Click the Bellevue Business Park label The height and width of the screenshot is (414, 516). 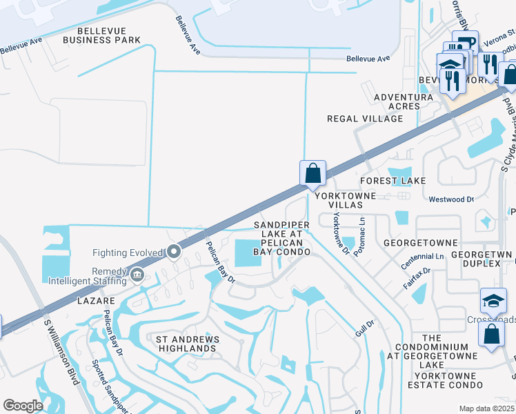[x=101, y=35]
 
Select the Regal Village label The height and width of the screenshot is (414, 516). [x=364, y=119]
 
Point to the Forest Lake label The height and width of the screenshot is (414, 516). [x=393, y=180]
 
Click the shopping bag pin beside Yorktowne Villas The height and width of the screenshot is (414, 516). [x=312, y=173]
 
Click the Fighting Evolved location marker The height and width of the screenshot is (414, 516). [x=174, y=253]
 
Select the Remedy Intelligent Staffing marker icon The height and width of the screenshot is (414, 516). [x=137, y=276]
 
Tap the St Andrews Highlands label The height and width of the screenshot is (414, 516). [x=187, y=344]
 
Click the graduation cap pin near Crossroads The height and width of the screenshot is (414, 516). [x=494, y=301]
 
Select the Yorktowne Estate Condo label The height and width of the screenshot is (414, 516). [x=432, y=379]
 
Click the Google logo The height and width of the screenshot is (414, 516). [x=23, y=406]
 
